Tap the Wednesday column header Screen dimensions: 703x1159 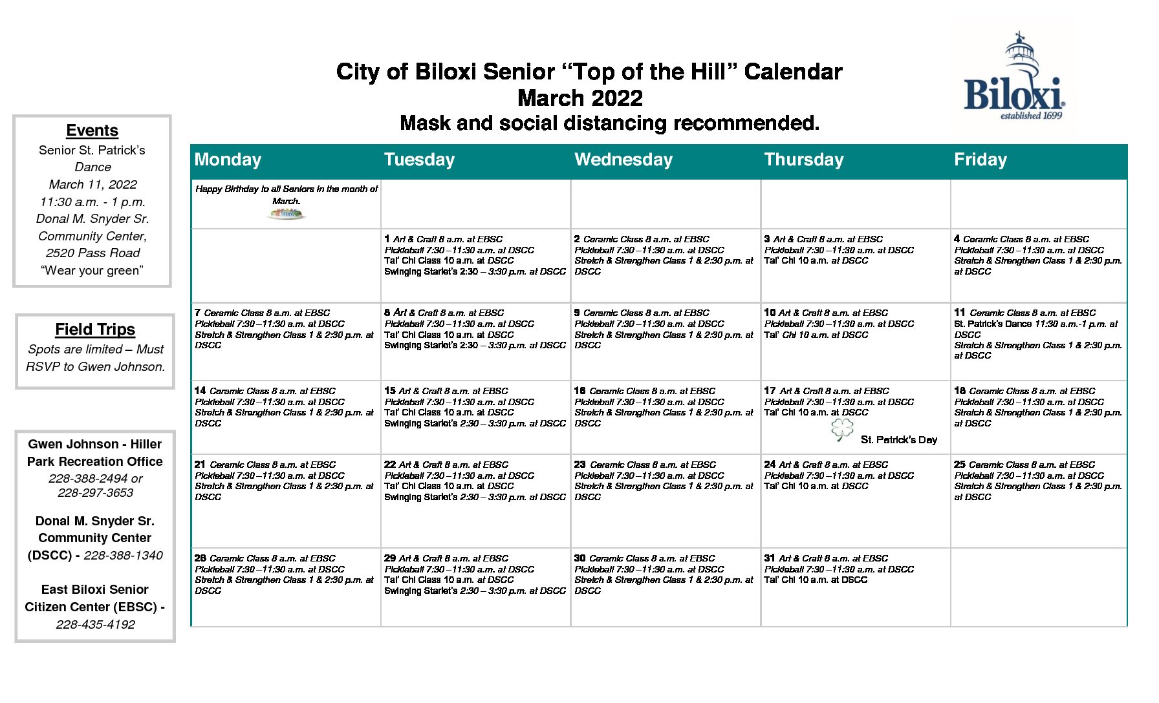623,160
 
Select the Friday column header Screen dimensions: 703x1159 980,160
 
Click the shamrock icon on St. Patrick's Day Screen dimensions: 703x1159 842,430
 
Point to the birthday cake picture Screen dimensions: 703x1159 287,214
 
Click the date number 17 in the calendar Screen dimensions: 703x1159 769,391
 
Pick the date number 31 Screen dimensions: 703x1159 769,558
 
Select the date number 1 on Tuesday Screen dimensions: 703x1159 387,239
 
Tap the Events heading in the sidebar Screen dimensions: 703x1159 92,131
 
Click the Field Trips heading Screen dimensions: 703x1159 95,330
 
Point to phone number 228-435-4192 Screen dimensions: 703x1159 95,625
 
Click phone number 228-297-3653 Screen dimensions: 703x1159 95,493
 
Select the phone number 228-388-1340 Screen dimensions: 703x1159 123,556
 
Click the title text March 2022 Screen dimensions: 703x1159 579,98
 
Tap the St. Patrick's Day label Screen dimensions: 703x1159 898,440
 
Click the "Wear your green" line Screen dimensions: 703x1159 92,271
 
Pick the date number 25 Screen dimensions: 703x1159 959,465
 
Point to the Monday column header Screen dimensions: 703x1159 228,160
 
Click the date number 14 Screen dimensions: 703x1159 200,391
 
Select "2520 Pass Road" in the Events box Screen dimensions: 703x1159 92,253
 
